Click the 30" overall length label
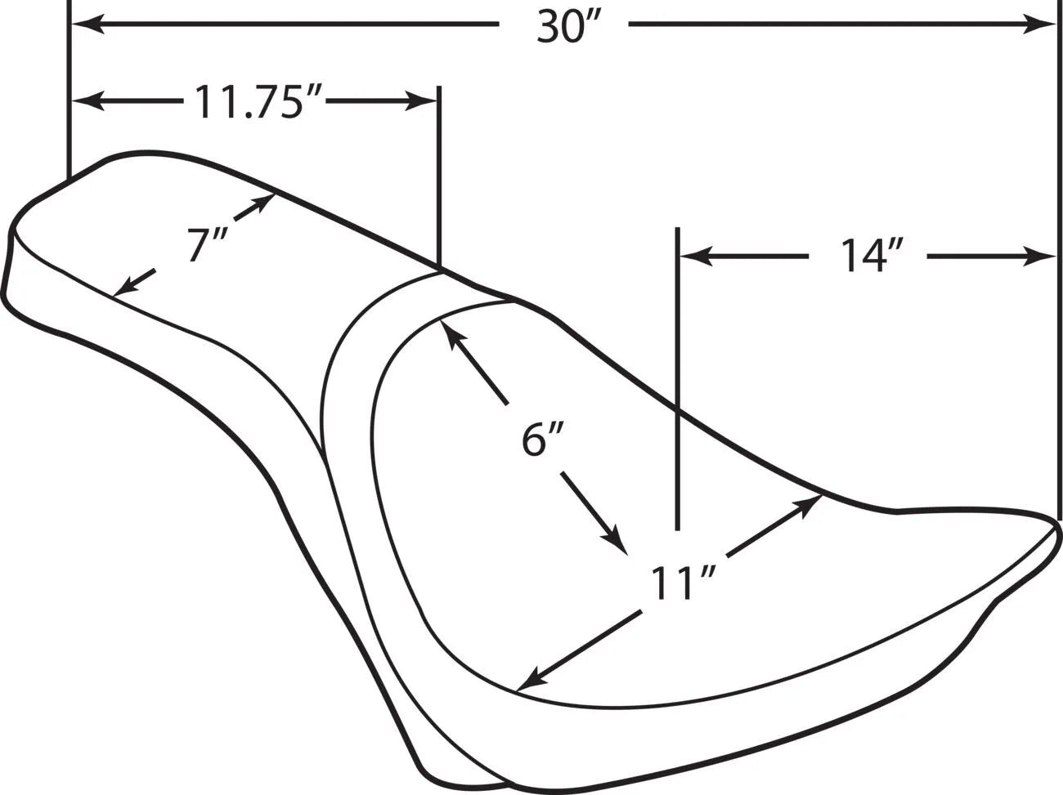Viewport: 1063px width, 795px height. [563, 26]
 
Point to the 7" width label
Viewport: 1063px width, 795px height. [199, 244]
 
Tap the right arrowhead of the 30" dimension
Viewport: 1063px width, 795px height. [1043, 25]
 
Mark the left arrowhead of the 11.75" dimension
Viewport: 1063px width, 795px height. [86, 102]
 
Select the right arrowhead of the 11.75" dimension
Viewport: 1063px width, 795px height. [424, 102]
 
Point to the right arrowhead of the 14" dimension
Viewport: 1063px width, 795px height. [1043, 257]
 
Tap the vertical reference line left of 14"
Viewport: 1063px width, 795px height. [677, 376]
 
